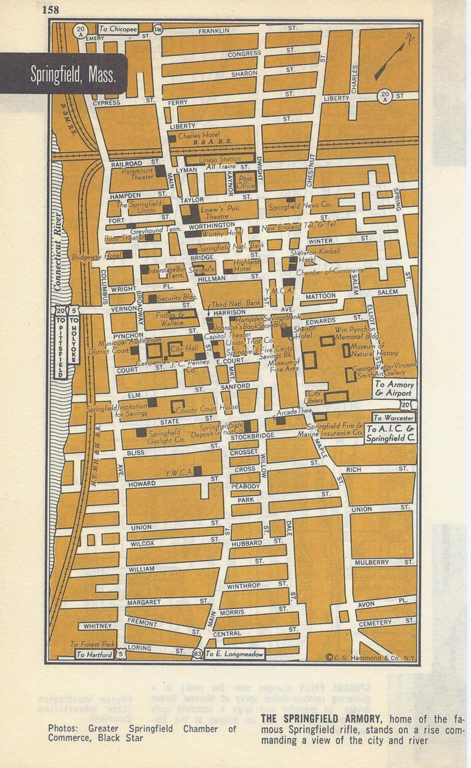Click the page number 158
pos(50,10)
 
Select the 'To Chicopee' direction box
pos(118,29)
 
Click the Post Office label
pos(245,182)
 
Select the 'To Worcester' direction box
pos(393,418)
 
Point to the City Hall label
pos(184,349)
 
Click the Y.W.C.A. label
pos(179,473)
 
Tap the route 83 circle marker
pos(197,654)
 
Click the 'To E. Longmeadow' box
pos(234,654)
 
